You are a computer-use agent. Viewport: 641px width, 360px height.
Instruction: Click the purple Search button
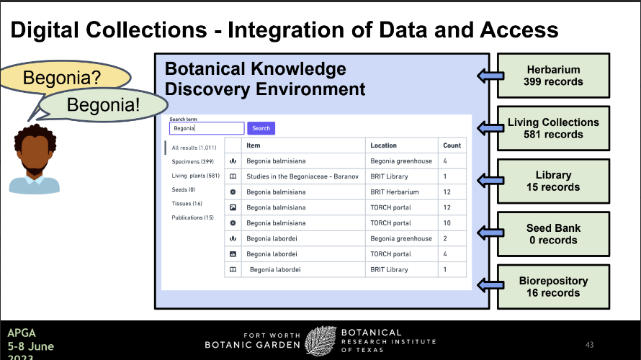pos(261,128)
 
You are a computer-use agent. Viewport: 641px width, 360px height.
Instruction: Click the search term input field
pos(207,128)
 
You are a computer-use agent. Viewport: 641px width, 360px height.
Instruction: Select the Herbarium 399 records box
pos(553,76)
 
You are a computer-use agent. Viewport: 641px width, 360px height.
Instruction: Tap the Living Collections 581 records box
pos(553,128)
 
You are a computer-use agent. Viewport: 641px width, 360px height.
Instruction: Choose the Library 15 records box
pos(553,181)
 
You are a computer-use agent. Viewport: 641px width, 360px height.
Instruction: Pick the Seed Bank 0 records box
pos(553,234)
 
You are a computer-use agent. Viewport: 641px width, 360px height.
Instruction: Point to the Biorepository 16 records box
pos(553,287)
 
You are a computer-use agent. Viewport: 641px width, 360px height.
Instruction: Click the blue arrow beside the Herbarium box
pos(490,76)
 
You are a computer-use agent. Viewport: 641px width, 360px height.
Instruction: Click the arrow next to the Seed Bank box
pos(490,233)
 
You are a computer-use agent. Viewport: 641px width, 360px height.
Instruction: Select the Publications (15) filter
pos(192,217)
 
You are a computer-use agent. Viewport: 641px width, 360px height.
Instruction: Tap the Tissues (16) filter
pos(187,204)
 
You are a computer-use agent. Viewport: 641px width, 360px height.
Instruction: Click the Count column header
pos(452,145)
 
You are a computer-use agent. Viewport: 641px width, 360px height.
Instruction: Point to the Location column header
pos(383,145)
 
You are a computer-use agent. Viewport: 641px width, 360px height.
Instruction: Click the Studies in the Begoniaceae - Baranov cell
pos(302,176)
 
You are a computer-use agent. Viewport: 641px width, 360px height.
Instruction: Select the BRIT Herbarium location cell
pos(395,192)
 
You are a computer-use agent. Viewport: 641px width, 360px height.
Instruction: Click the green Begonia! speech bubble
pos(103,105)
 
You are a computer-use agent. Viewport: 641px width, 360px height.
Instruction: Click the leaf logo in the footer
pos(320,341)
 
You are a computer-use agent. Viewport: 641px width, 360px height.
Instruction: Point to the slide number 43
pos(589,345)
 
